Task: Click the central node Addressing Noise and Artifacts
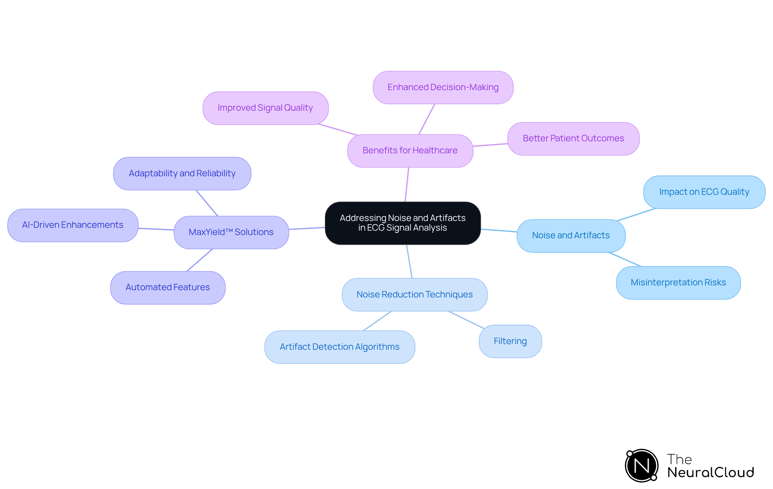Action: pyautogui.click(x=403, y=223)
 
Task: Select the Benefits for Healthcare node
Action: pyautogui.click(x=410, y=151)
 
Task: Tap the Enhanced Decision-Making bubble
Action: pyautogui.click(x=443, y=87)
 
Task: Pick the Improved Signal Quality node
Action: pyautogui.click(x=265, y=108)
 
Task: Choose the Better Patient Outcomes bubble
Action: pyautogui.click(x=573, y=138)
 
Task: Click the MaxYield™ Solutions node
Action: pyautogui.click(x=231, y=232)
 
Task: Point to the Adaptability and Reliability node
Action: pyautogui.click(x=182, y=173)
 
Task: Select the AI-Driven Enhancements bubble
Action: pyautogui.click(x=73, y=225)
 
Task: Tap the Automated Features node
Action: pyautogui.click(x=167, y=287)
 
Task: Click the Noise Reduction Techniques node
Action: pyautogui.click(x=414, y=295)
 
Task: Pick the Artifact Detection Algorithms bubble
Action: pyautogui.click(x=339, y=347)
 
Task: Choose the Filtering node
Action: pyautogui.click(x=510, y=341)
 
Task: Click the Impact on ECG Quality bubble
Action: pyautogui.click(x=704, y=192)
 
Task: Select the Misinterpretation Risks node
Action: pyautogui.click(x=678, y=283)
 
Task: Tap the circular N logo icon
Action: pyautogui.click(x=642, y=466)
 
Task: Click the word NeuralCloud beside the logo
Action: pyautogui.click(x=711, y=472)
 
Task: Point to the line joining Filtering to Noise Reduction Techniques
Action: pyautogui.click(x=466, y=320)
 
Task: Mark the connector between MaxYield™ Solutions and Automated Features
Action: pyautogui.click(x=200, y=260)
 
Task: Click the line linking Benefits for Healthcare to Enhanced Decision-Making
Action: pyautogui.click(x=427, y=119)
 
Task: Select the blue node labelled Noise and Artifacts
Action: pyautogui.click(x=571, y=235)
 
